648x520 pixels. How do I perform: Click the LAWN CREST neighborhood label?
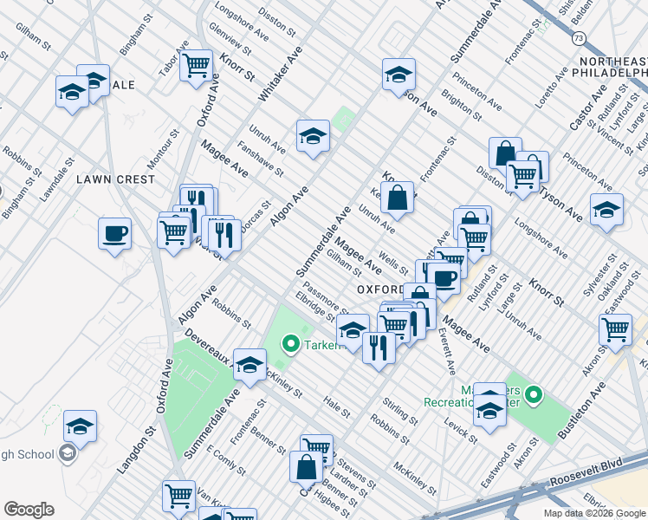tap(115, 179)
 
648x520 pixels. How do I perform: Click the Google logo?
tap(29, 510)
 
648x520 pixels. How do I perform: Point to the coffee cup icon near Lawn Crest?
tap(114, 233)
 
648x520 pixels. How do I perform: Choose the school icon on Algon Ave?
tap(313, 136)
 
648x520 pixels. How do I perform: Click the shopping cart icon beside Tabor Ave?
tap(197, 64)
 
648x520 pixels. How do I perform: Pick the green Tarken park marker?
tap(292, 346)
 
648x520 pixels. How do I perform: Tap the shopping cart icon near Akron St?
tap(615, 328)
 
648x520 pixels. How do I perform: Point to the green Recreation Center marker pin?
tap(535, 397)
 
